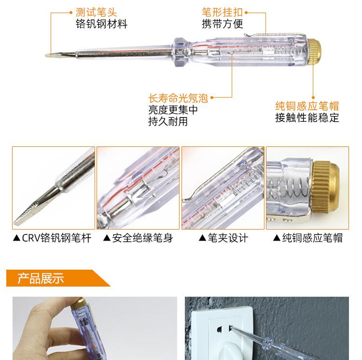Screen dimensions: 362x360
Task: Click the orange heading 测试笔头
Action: coord(96,12)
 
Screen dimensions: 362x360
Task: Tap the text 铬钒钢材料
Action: coord(101,24)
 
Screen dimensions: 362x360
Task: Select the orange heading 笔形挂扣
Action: coord(223,12)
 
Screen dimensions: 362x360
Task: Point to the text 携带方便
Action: coord(223,24)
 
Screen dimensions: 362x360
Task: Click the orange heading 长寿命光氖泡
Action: coord(178,98)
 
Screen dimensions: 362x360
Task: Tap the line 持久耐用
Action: coord(168,122)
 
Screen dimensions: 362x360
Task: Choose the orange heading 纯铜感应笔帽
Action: coord(307,106)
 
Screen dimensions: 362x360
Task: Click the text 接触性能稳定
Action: coord(307,117)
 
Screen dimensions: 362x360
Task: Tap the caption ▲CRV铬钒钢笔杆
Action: coord(53,238)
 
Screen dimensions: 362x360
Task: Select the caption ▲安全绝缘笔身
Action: coord(138,238)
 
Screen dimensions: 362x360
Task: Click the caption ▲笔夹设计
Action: coord(223,238)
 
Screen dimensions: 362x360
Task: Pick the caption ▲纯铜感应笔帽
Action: coord(308,238)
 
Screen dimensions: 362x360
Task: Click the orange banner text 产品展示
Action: coord(41,278)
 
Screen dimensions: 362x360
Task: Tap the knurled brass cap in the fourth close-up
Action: coord(325,187)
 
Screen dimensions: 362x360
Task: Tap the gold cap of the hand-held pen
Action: coord(79,302)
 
